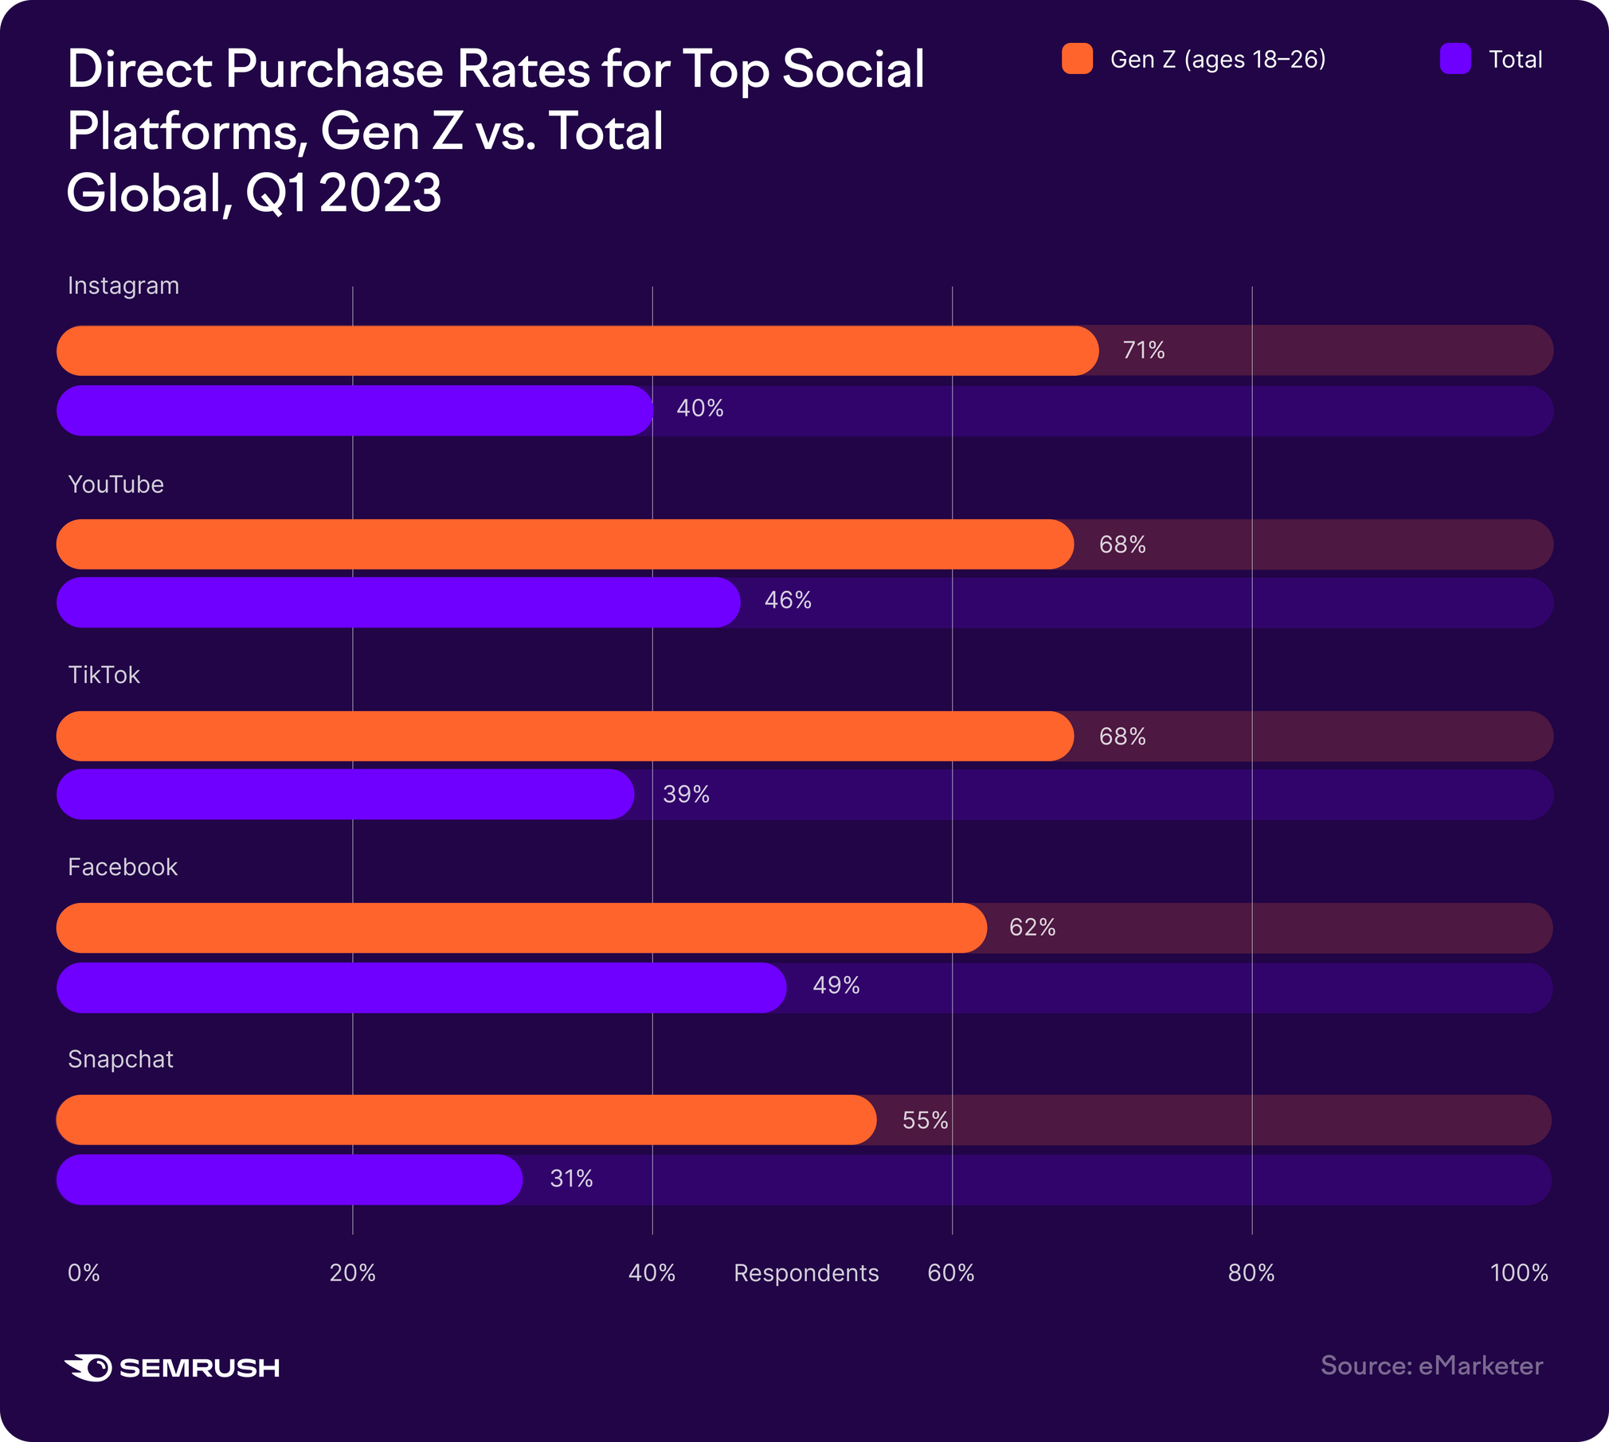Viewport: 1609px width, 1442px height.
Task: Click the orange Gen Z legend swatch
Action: tap(1077, 59)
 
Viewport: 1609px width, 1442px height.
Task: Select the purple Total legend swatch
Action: tap(1455, 59)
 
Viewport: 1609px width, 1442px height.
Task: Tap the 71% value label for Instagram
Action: tap(1144, 350)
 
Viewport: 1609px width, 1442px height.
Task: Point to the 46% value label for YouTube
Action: tap(788, 600)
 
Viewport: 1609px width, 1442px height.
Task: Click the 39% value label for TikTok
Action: tap(686, 795)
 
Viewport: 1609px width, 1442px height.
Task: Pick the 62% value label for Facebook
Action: tap(1032, 928)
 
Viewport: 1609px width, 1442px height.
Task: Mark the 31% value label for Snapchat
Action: tap(571, 1179)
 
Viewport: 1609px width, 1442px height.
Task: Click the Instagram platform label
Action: tap(123, 286)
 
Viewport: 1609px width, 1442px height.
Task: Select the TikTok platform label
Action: tap(104, 675)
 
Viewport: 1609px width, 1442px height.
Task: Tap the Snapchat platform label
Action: tap(120, 1060)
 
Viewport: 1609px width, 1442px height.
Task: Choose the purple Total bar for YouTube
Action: tap(398, 603)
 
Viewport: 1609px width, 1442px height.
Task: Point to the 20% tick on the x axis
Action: tap(352, 1273)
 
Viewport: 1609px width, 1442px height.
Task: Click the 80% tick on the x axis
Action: tap(1251, 1273)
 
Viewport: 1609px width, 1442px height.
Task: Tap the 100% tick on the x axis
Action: tap(1519, 1273)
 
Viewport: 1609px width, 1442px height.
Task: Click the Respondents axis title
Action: tap(806, 1273)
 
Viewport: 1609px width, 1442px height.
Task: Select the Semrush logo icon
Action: tap(88, 1367)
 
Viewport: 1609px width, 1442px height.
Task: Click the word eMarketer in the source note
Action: tap(1481, 1366)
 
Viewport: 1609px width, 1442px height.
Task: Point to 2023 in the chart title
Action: tap(380, 193)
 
